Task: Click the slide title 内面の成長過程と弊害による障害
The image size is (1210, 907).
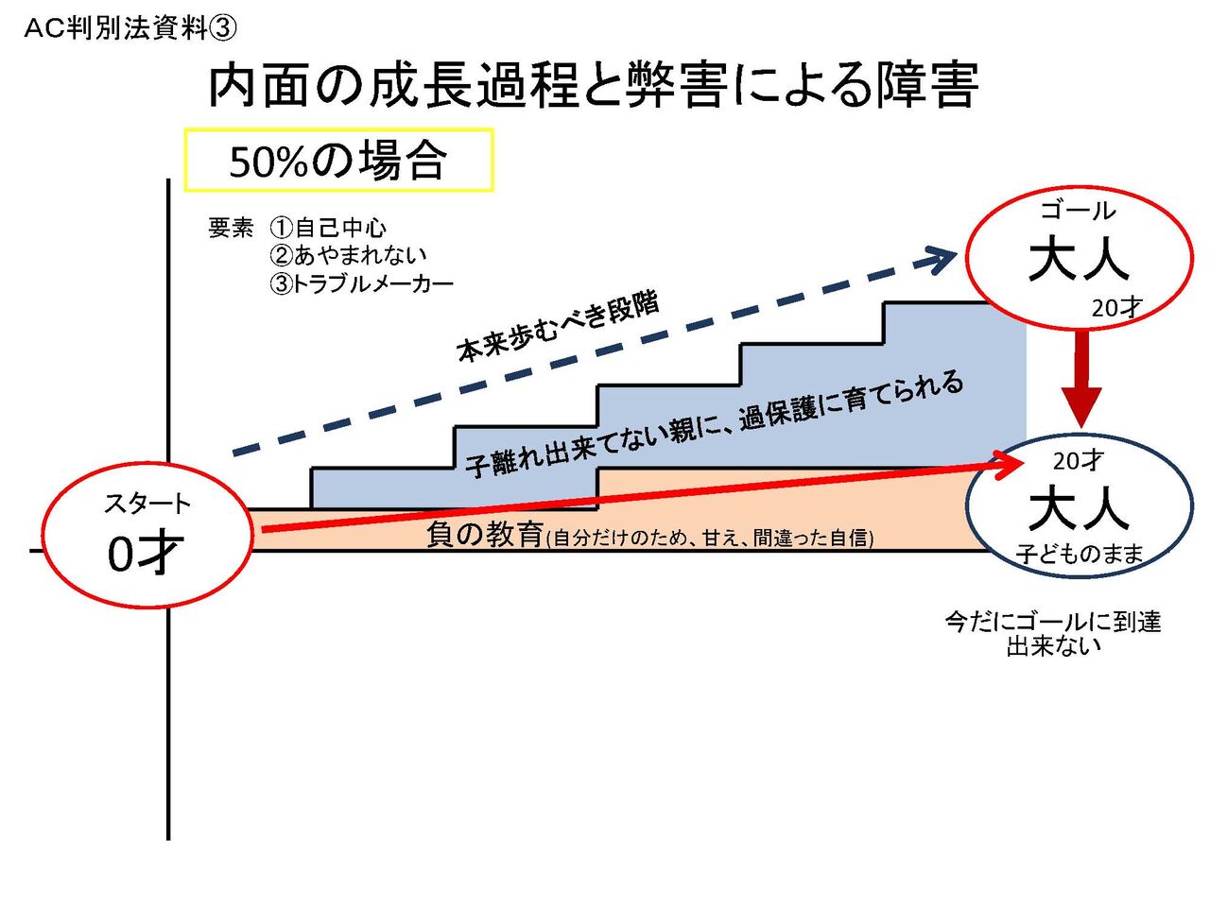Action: (593, 86)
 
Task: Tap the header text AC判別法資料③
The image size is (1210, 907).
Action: (130, 29)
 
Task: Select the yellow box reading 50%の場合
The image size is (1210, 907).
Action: (338, 161)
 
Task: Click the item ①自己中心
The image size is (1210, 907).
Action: (328, 228)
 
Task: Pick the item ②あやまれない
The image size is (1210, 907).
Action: (348, 255)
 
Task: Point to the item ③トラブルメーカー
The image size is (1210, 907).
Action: (361, 283)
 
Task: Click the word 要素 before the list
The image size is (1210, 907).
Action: (232, 228)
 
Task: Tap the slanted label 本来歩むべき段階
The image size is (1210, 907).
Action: (558, 328)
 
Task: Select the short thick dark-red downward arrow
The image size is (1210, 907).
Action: (1081, 378)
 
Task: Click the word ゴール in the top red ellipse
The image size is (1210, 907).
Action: (1078, 211)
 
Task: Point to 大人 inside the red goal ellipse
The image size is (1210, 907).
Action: (1079, 259)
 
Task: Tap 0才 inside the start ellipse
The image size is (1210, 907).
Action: (144, 555)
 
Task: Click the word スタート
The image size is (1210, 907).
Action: (147, 504)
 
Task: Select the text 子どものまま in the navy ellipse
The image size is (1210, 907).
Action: (1080, 555)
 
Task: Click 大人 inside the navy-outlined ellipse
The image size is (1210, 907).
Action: (1079, 509)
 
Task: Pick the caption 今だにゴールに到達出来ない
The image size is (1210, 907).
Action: (1053, 634)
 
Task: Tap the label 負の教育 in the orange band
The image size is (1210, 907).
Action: (484, 535)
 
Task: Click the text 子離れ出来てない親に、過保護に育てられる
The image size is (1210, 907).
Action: (715, 424)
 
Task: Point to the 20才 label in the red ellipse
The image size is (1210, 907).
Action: (1116, 308)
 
